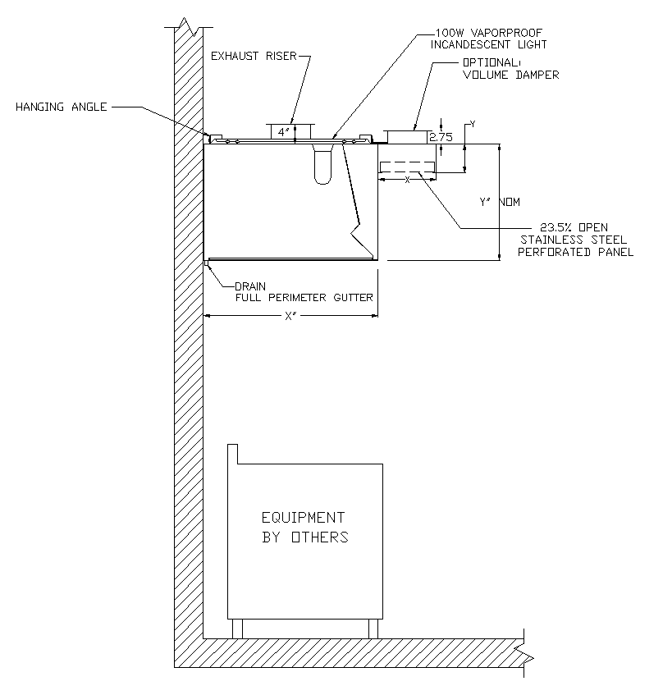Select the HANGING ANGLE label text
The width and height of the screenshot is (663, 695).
62,107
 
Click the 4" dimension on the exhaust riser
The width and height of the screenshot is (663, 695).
281,131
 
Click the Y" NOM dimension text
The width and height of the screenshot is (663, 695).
500,201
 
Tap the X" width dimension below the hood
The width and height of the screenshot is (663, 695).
289,317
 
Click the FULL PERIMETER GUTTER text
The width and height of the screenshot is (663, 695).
304,297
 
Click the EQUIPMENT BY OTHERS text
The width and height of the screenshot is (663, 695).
304,528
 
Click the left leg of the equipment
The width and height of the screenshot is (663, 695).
238,629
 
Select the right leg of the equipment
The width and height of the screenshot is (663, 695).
373,629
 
